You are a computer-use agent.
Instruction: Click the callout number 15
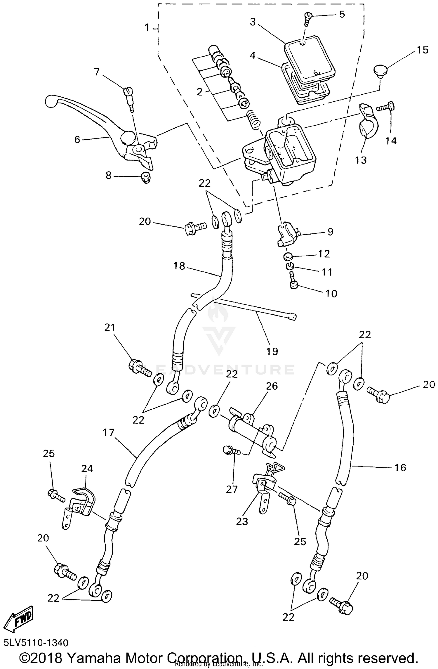tap(423, 50)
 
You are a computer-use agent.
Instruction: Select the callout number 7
tap(97, 72)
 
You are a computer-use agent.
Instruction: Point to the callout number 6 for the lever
tap(77, 140)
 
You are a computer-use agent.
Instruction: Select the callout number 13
tap(361, 160)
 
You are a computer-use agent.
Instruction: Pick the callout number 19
tap(272, 351)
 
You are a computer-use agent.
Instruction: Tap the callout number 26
tap(272, 386)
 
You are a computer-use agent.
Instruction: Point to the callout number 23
tap(242, 521)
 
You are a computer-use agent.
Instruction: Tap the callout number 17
tap(108, 432)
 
